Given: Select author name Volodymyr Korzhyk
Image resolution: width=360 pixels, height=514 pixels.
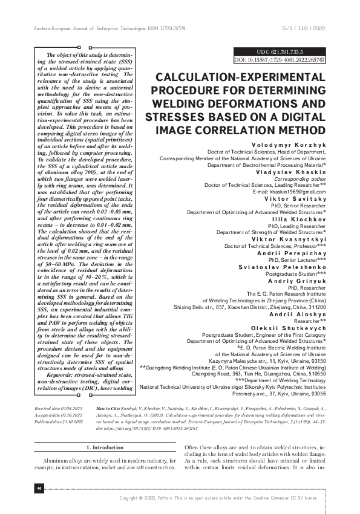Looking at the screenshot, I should click(296, 145).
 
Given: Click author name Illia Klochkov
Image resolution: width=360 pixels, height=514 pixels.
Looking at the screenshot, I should click(303, 219).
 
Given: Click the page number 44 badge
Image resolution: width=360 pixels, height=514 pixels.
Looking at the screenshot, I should click(39, 488).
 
